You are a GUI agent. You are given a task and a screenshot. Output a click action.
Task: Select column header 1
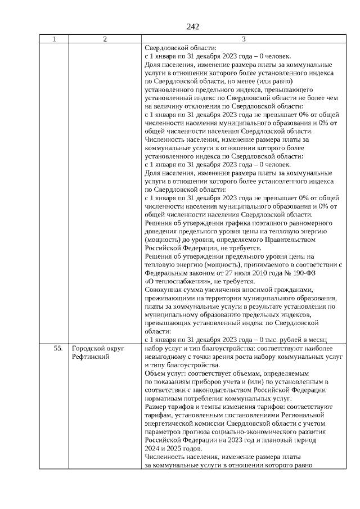point(54,39)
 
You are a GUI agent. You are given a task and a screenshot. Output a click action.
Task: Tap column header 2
point(105,39)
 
